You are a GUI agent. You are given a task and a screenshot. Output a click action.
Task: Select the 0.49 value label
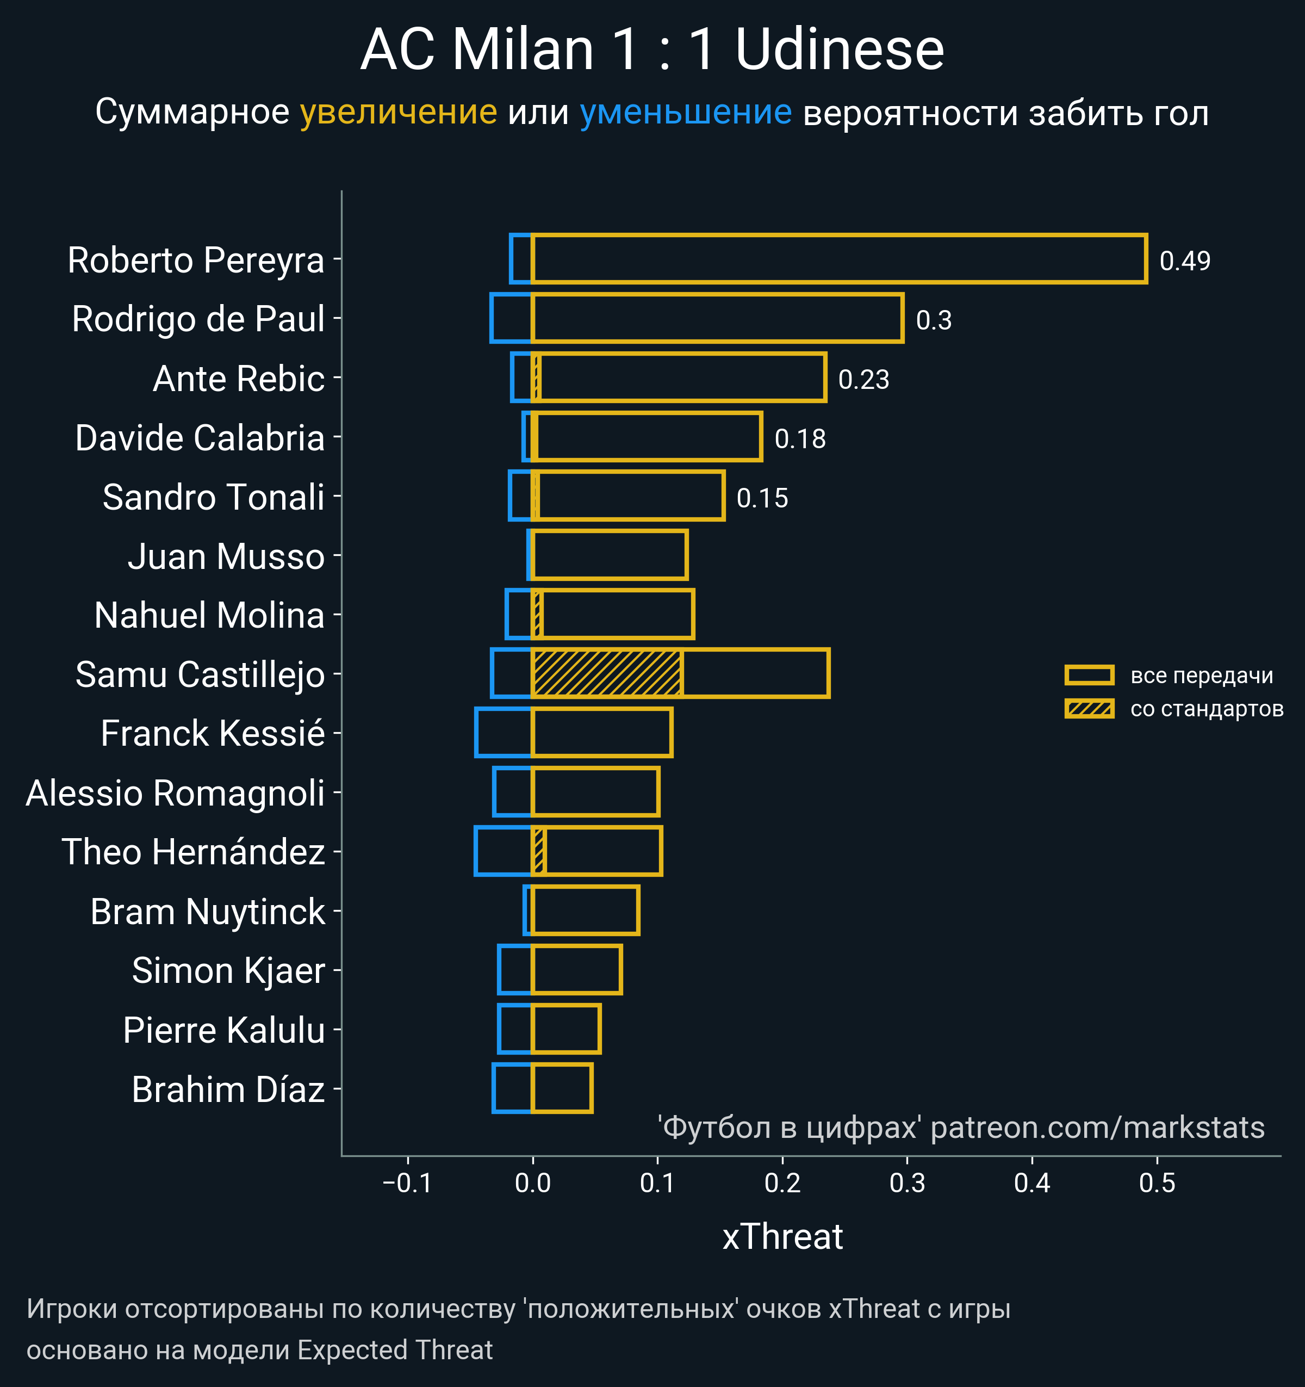1184,261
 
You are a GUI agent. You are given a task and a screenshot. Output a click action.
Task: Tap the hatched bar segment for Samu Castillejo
606,673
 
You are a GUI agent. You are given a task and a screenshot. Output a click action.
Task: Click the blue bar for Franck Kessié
503,733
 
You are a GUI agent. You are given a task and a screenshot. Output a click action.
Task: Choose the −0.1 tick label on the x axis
407,1183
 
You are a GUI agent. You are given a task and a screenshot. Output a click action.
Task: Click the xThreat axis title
782,1237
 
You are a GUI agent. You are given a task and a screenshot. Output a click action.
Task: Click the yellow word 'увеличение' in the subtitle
398,113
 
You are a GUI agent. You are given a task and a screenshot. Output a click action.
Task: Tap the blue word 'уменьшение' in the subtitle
686,113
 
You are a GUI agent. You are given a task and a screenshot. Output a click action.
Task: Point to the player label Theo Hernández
193,852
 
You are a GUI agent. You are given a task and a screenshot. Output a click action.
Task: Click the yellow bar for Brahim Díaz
562,1088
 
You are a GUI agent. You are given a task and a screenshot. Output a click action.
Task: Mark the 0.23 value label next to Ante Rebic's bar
863,380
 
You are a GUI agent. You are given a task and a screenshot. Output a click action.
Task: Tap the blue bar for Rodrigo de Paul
511,318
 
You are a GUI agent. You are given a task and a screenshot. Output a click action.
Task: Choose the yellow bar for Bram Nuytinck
585,911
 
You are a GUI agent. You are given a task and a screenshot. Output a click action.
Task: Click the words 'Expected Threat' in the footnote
395,1350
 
